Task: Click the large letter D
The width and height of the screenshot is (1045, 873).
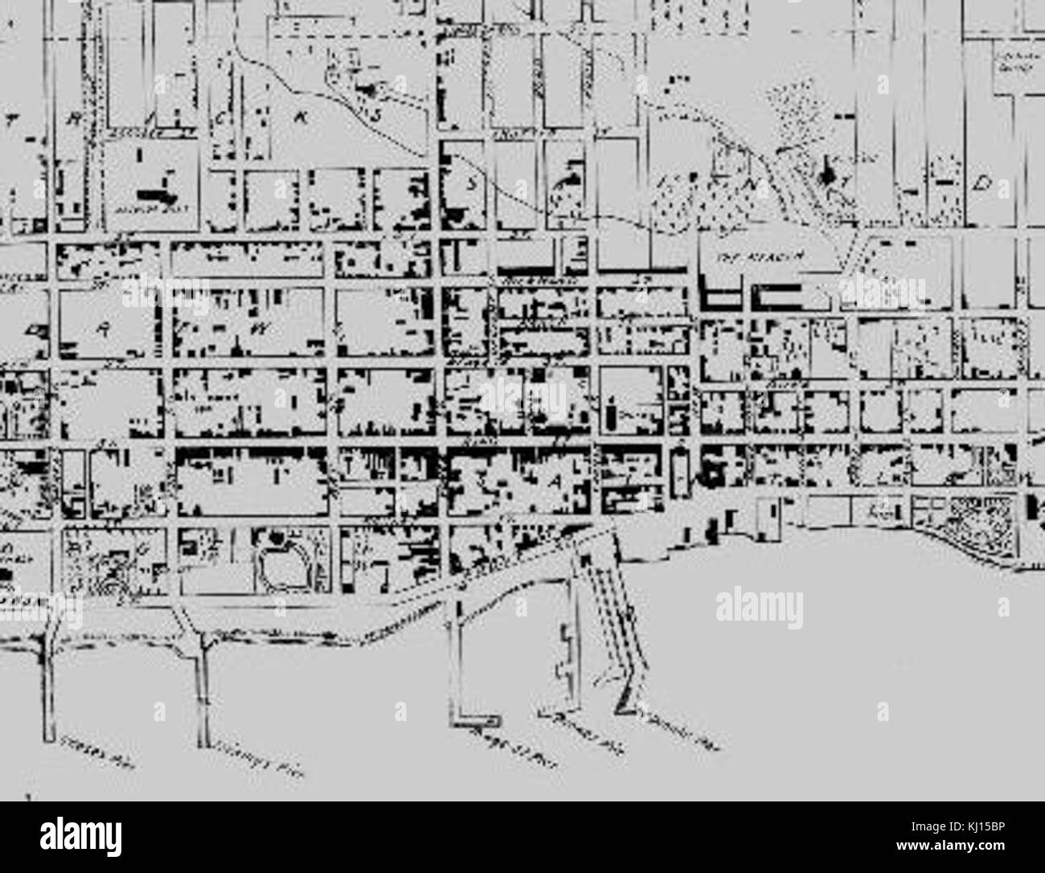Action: [981, 184]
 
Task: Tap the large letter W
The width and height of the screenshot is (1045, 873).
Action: [259, 329]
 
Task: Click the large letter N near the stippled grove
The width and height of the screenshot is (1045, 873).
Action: [754, 184]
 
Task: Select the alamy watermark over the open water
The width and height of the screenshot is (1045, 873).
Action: [759, 602]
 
